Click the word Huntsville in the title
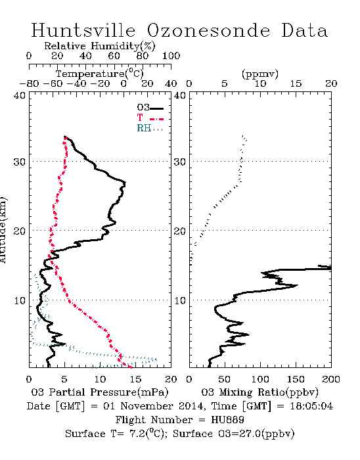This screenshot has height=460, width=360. point(83,30)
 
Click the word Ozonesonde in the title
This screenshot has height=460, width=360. point(208,30)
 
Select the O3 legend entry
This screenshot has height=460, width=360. point(150,108)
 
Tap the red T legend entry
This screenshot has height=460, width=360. point(150,118)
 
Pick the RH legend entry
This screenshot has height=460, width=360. point(150,128)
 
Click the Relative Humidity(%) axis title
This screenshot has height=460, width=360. point(100,46)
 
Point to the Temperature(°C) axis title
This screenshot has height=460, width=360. point(100,74)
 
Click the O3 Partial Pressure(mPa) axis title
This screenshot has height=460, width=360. point(100,392)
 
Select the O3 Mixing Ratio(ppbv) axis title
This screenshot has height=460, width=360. point(259,392)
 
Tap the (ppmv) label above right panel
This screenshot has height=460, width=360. point(260,74)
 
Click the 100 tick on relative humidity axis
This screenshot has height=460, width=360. point(171,56)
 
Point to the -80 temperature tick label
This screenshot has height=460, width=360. point(29,84)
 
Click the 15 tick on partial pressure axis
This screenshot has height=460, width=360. point(135,379)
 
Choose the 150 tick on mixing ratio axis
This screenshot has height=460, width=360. point(296,379)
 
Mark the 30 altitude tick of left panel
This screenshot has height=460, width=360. point(20,162)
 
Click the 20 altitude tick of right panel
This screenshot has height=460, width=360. point(180,231)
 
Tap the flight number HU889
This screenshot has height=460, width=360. point(227,420)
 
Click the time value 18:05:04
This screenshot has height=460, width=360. point(311,406)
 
